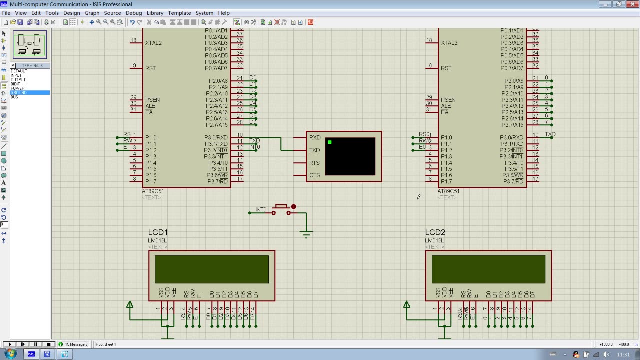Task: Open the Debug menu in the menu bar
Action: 133,13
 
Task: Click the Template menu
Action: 179,13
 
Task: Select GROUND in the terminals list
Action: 19,93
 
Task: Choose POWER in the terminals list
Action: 18,88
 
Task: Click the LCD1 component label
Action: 158,232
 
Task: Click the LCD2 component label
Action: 435,232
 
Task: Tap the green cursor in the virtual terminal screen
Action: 330,142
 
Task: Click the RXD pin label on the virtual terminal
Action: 315,137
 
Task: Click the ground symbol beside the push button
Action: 306,233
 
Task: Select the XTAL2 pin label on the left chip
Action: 153,43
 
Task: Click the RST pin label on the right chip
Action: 446,68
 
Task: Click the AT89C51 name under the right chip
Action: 448,191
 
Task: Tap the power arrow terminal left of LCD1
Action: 130,304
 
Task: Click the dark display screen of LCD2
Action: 488,269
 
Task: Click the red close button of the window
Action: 631,4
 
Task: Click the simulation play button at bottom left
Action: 10,344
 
